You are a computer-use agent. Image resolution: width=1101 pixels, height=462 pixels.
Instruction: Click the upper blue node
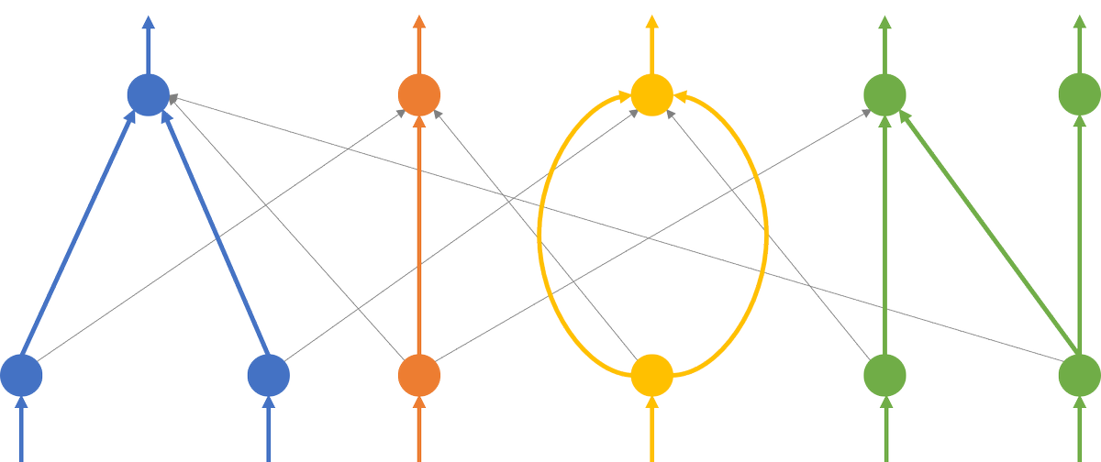[148, 93]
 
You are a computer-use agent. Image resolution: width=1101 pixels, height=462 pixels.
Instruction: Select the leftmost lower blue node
[21, 375]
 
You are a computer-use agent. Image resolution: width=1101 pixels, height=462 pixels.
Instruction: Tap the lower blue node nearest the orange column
[269, 375]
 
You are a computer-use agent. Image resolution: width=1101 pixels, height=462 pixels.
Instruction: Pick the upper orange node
[419, 93]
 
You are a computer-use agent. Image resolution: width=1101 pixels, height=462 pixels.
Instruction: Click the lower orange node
[419, 375]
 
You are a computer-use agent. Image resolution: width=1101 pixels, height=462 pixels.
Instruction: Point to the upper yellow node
[652, 93]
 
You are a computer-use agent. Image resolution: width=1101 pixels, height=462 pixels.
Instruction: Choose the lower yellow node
[652, 375]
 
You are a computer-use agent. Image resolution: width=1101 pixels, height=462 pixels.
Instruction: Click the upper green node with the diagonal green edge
[885, 93]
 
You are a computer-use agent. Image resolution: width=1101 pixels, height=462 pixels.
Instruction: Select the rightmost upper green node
[1080, 93]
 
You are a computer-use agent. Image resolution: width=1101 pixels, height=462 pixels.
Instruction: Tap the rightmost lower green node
[1080, 375]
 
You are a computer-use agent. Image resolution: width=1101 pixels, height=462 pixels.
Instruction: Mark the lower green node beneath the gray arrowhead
[885, 375]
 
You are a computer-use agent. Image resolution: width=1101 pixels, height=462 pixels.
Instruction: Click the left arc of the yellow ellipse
[539, 234]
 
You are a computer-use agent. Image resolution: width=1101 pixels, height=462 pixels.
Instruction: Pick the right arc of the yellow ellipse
[765, 234]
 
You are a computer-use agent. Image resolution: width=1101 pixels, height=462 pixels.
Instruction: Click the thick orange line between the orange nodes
[419, 234]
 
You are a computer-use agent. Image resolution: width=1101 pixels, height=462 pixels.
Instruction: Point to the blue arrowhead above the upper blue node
[148, 23]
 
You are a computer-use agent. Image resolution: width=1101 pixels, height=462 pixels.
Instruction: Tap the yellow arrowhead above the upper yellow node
[652, 23]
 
